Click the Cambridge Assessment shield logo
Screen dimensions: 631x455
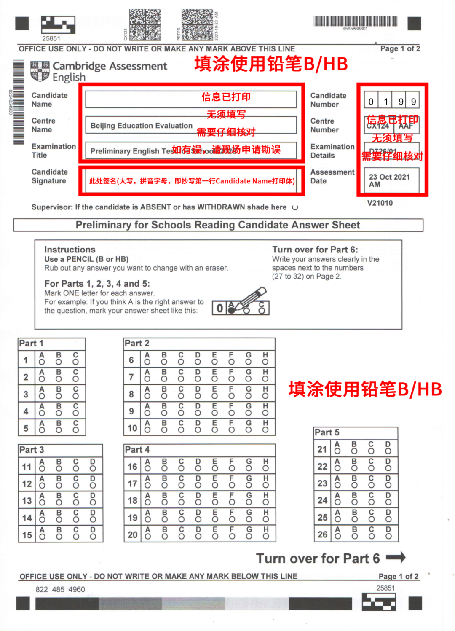[x=40, y=71]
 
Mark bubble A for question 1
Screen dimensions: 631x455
[x=42, y=362]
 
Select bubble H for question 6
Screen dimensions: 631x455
[x=265, y=362]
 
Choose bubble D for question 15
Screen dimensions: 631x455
[x=93, y=537]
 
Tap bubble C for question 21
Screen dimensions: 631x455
[x=371, y=451]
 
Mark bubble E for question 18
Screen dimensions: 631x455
[x=215, y=502]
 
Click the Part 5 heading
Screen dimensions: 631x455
[x=327, y=432]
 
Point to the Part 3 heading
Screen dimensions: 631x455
[x=32, y=450]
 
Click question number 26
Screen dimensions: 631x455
[x=322, y=534]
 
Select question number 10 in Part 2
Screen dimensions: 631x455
[x=132, y=428]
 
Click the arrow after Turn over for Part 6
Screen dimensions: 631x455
[x=396, y=557]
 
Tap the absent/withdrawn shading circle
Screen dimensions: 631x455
[x=295, y=207]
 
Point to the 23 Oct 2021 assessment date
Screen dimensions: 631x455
[x=389, y=180]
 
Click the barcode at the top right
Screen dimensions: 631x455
[x=355, y=21]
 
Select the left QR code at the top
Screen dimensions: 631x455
[x=145, y=24]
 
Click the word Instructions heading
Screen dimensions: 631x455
[x=70, y=250]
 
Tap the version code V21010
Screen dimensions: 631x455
[x=380, y=203]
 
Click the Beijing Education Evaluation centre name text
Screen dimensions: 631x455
[x=142, y=126]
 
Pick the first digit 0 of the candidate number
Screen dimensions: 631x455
[x=371, y=102]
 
